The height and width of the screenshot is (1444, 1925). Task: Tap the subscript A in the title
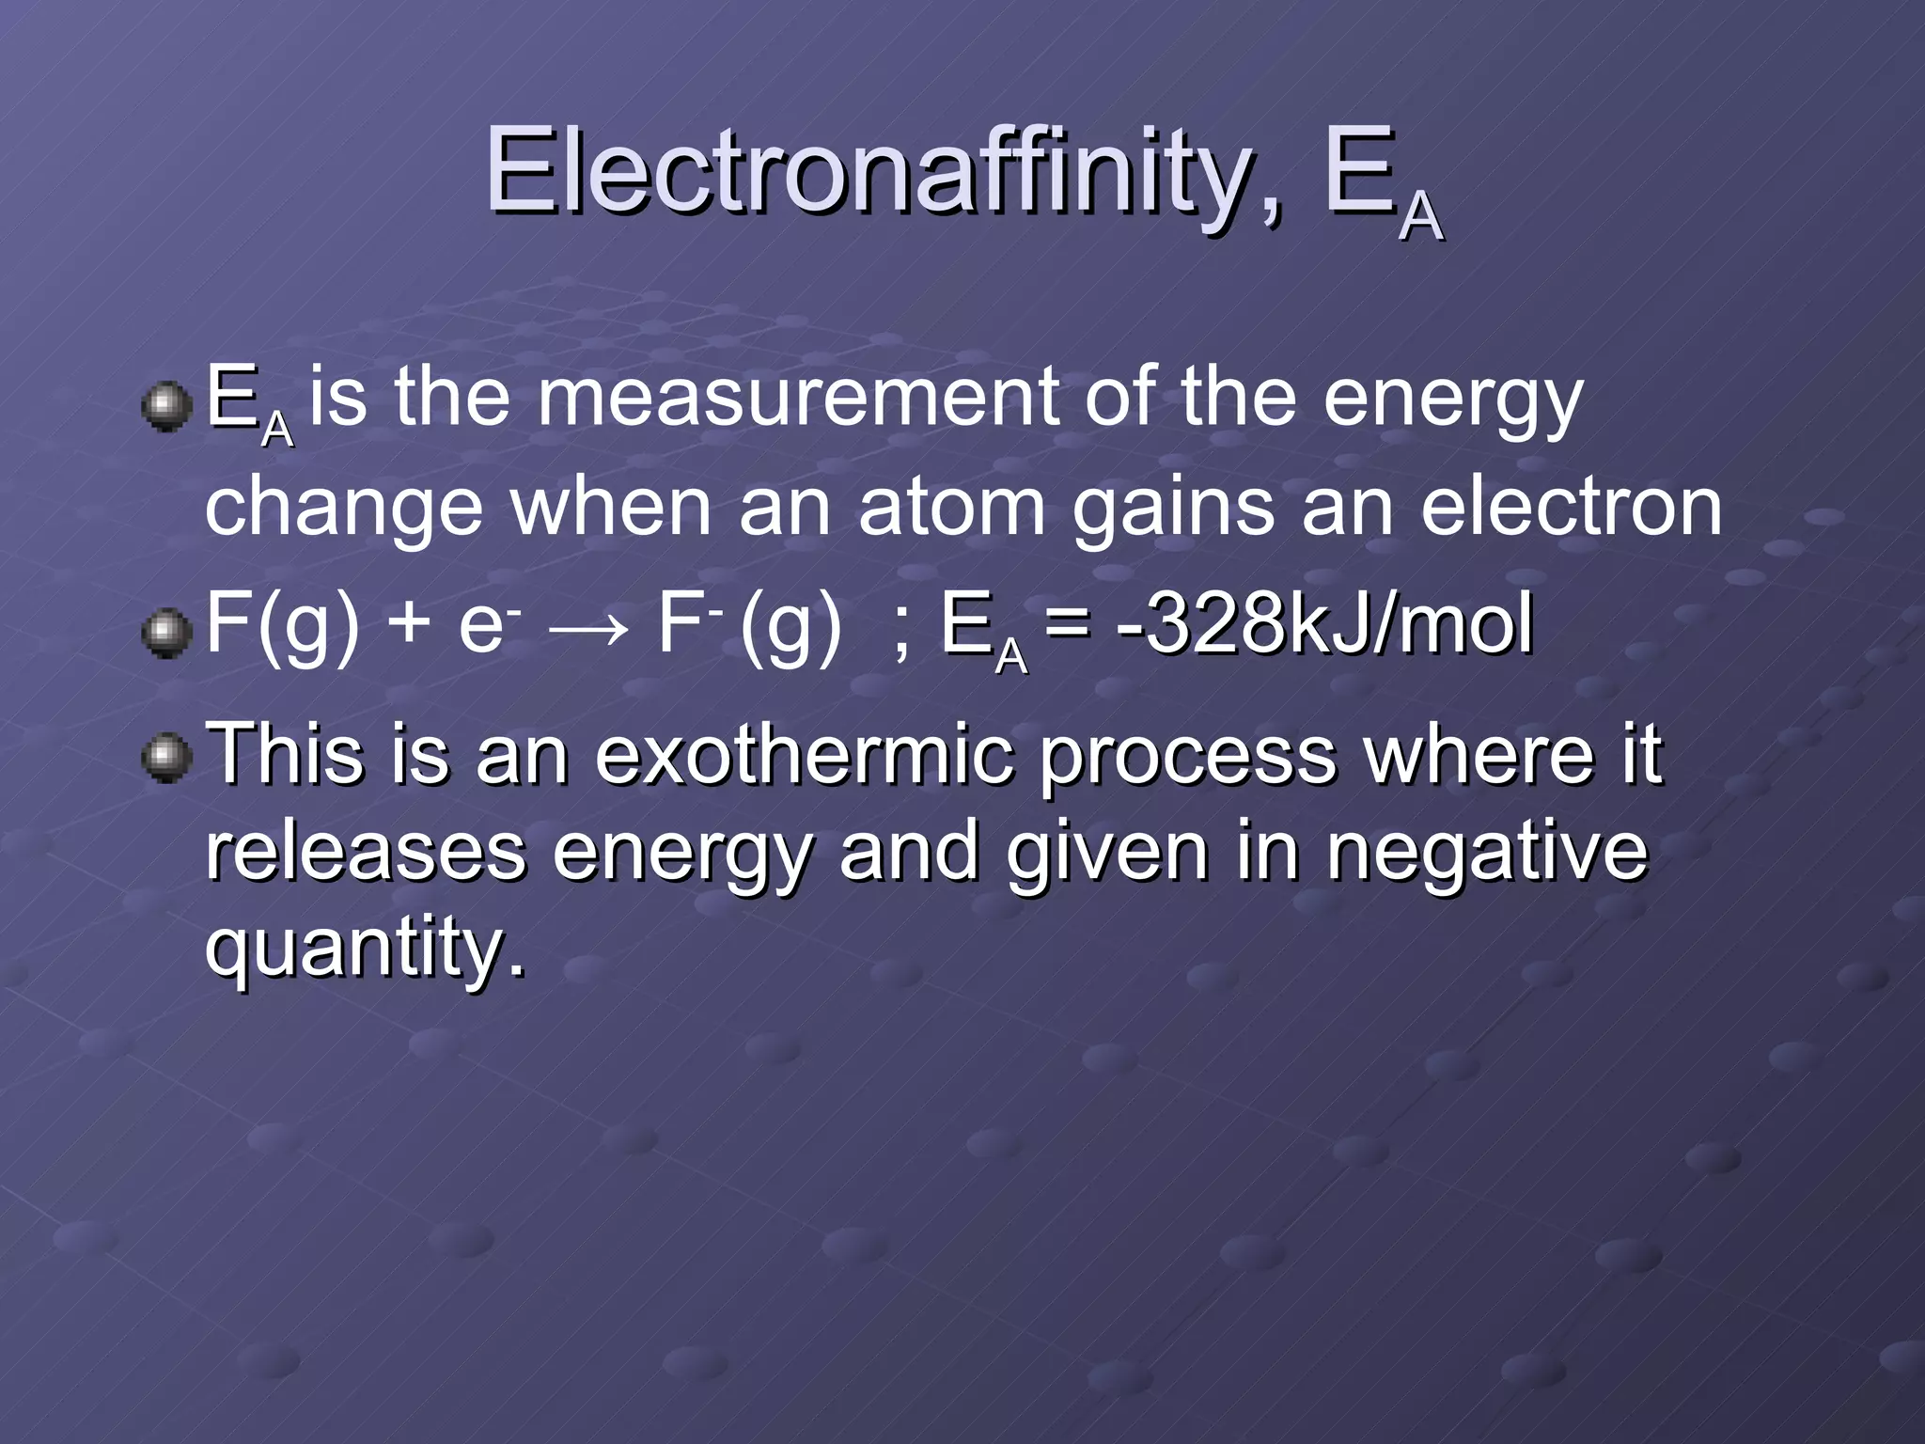[1419, 215]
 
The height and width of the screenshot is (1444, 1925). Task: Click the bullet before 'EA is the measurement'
[166, 406]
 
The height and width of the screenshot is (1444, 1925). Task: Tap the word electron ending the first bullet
[1571, 507]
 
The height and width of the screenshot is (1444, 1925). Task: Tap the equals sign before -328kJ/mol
[1069, 624]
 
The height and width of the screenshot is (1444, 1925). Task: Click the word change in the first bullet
[343, 509]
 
